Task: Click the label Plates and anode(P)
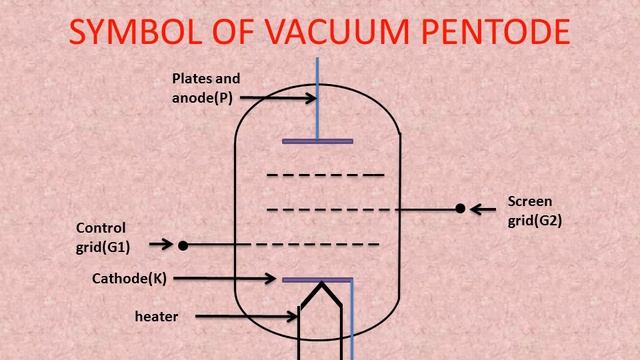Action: click(206, 87)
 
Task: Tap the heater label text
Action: click(156, 317)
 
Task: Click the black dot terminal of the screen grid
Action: click(460, 209)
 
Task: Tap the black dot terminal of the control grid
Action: click(183, 244)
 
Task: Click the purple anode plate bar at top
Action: click(318, 141)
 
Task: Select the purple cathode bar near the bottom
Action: click(318, 279)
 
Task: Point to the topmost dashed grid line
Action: click(325, 175)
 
